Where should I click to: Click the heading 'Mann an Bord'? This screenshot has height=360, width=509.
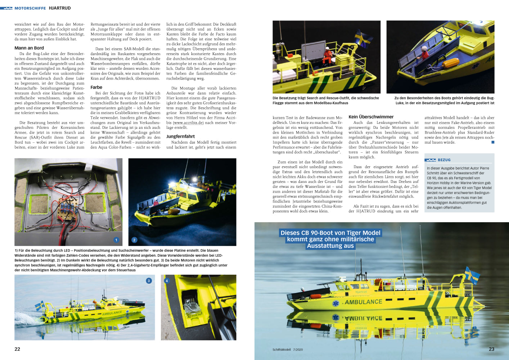click(29, 48)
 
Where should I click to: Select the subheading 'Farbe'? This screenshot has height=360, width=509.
click(96, 87)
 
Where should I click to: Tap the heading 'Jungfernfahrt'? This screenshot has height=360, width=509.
click(180, 136)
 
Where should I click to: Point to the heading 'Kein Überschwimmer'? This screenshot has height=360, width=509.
click(371, 117)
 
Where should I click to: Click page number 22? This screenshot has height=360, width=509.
click(17, 349)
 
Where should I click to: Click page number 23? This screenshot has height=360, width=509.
click(491, 349)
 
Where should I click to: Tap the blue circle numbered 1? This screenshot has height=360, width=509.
click(116, 240)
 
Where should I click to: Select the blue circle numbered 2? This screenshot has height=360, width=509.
click(134, 240)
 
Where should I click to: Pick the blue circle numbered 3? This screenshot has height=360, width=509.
click(149, 281)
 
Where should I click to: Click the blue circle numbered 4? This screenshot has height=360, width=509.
click(167, 281)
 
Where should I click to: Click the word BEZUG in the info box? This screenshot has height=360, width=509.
click(444, 160)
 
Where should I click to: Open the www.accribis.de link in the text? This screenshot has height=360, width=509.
click(188, 123)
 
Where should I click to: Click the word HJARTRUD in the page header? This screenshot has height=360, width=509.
click(60, 8)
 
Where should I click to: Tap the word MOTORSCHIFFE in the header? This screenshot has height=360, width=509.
click(30, 8)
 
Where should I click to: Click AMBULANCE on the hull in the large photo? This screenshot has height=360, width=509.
click(363, 302)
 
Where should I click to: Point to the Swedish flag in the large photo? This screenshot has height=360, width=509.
click(472, 275)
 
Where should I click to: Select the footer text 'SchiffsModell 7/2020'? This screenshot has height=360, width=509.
click(288, 350)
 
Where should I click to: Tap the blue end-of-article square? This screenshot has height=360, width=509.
click(493, 142)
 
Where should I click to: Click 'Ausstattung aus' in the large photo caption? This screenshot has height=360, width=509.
click(330, 246)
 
